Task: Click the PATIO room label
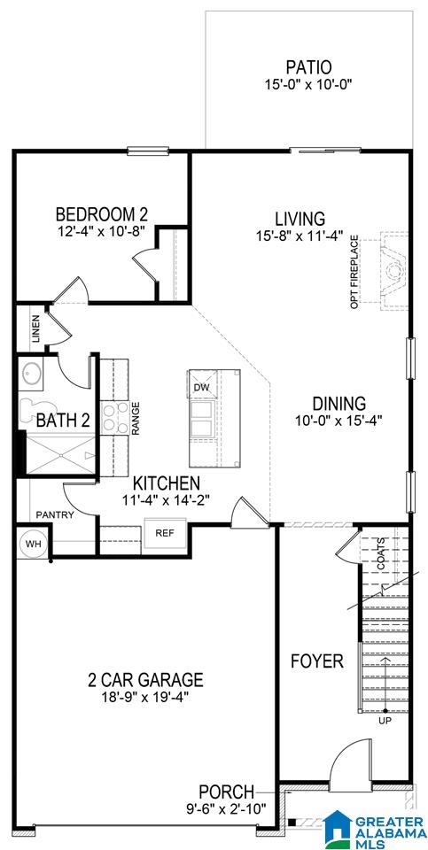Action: pyautogui.click(x=308, y=68)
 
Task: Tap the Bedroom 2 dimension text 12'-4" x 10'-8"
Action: pyautogui.click(x=101, y=230)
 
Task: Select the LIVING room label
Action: pyautogui.click(x=300, y=219)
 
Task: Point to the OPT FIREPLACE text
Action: pyautogui.click(x=354, y=272)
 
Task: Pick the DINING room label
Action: pyautogui.click(x=339, y=404)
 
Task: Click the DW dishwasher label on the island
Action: pyautogui.click(x=201, y=387)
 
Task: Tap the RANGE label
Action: pyautogui.click(x=136, y=417)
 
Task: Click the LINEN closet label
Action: pyautogui.click(x=35, y=329)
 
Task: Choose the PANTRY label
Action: pyautogui.click(x=55, y=514)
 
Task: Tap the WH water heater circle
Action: pyautogui.click(x=34, y=543)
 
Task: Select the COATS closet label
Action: pyautogui.click(x=381, y=552)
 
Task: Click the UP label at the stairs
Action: pyautogui.click(x=385, y=721)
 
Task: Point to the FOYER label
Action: pyautogui.click(x=317, y=661)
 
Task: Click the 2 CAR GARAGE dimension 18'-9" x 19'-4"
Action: pyautogui.click(x=145, y=696)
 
